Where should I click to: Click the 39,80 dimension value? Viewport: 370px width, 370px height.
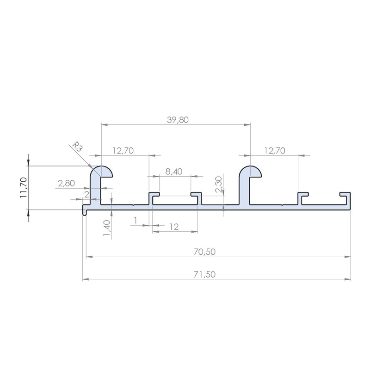click(x=178, y=120)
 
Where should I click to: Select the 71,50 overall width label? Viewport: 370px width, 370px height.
click(x=205, y=274)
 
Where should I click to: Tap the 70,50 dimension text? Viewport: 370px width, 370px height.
click(x=205, y=252)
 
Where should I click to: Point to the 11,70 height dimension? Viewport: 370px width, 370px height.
click(x=24, y=187)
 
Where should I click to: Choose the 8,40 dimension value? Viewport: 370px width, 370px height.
click(x=174, y=172)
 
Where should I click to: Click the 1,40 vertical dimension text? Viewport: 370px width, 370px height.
click(x=107, y=228)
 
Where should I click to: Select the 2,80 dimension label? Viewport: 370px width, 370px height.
click(x=66, y=183)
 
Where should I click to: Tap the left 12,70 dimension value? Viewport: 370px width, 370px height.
click(x=123, y=150)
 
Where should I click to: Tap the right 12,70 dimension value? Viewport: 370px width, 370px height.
click(x=274, y=150)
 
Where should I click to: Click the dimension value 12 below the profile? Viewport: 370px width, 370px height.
click(x=174, y=227)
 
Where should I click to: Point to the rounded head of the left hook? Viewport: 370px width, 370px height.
click(x=101, y=172)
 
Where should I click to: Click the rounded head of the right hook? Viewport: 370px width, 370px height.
click(x=250, y=172)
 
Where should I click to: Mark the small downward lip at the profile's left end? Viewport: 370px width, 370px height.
click(x=85, y=212)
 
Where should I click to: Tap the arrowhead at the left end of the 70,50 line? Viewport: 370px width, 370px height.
click(x=89, y=257)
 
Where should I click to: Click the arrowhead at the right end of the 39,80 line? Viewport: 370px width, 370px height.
click(x=247, y=124)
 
